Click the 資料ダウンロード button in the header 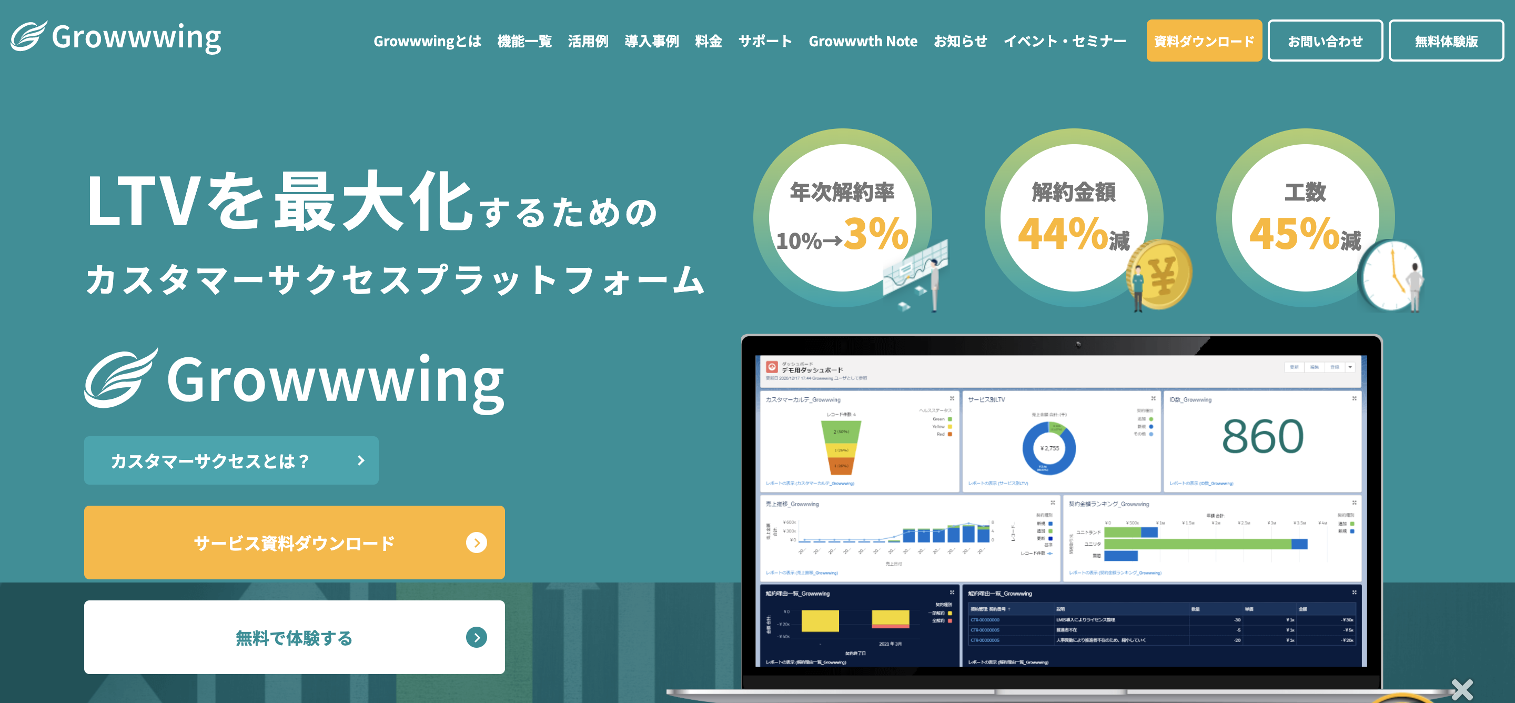tap(1204, 41)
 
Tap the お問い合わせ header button tap(1325, 41)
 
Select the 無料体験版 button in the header tap(1446, 41)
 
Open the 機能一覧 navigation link tap(524, 41)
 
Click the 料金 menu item tap(708, 41)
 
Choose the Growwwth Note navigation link tap(862, 41)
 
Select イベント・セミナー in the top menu tap(1065, 41)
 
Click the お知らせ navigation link tap(960, 41)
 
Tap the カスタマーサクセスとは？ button tap(231, 460)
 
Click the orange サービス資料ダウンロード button tap(294, 543)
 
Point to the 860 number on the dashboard tap(1262, 437)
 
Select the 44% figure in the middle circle tap(1063, 234)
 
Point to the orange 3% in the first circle tap(876, 234)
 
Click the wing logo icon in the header tap(28, 36)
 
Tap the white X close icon tap(1461, 689)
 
